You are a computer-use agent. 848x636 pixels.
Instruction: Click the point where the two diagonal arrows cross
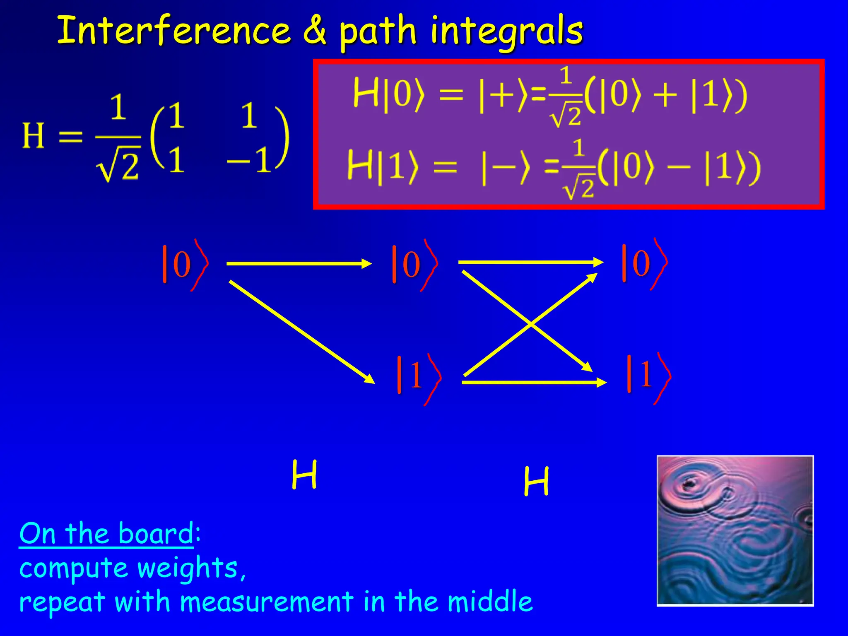531,324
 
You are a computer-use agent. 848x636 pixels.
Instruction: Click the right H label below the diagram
536,481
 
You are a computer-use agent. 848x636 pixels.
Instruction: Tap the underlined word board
155,534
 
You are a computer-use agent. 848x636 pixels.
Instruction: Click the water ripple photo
735,530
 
